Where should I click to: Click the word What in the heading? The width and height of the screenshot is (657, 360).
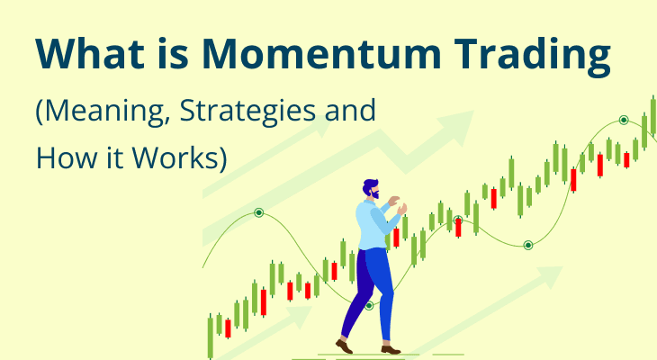(90, 54)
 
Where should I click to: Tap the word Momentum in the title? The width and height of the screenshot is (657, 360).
(322, 54)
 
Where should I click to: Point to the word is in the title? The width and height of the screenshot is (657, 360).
(174, 54)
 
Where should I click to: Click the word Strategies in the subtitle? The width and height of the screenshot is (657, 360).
(247, 111)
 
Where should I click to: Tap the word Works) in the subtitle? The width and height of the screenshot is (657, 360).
(179, 157)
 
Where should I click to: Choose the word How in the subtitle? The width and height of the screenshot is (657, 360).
(67, 157)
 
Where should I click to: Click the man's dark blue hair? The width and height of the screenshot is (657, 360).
(369, 185)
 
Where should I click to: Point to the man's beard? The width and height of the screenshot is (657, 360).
(375, 195)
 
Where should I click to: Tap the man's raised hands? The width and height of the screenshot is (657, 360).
(397, 205)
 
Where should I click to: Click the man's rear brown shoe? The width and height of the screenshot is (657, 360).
(344, 346)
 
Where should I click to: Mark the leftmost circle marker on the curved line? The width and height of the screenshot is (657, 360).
(259, 213)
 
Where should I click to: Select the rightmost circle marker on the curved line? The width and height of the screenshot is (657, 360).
(624, 121)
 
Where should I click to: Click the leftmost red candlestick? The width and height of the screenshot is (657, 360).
(228, 328)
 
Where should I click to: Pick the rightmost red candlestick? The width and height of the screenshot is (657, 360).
(626, 160)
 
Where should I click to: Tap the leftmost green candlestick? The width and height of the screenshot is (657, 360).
(211, 337)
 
